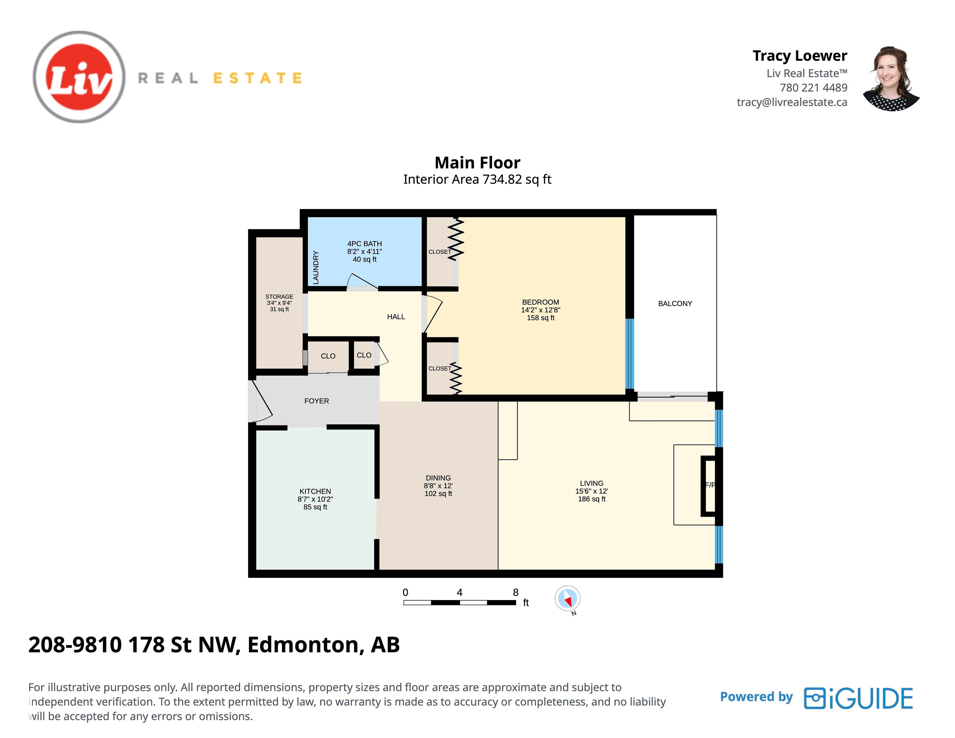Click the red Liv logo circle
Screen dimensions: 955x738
tap(79, 77)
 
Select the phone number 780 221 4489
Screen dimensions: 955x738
tap(813, 87)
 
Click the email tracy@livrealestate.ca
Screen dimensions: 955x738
tap(792, 102)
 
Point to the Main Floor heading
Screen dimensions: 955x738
tap(477, 163)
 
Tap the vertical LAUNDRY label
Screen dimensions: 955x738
tap(316, 267)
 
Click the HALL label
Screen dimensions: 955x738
tap(396, 316)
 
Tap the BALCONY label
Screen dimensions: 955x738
tap(675, 303)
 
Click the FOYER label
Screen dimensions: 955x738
tap(317, 401)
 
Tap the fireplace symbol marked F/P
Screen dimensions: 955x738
tap(708, 486)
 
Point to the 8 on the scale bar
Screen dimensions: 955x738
tap(515, 592)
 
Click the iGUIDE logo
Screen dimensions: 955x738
tap(858, 698)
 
